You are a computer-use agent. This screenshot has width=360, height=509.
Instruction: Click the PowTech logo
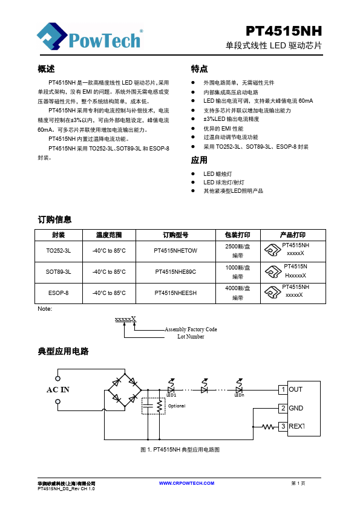click(x=90, y=36)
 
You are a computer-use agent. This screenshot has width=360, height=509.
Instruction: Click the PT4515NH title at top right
click(x=284, y=31)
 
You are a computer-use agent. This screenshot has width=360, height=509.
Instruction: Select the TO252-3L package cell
click(x=59, y=251)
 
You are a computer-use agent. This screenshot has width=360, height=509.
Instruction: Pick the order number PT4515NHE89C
click(x=175, y=271)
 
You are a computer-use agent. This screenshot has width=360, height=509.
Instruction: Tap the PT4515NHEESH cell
click(x=175, y=293)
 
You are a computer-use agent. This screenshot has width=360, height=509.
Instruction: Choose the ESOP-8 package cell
click(x=59, y=293)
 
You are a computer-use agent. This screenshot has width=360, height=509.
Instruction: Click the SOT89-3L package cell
click(x=59, y=271)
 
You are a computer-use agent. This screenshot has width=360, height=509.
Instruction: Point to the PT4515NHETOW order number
click(x=175, y=251)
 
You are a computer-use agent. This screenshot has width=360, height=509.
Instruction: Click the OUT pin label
click(x=296, y=389)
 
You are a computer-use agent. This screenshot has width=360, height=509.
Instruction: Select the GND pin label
click(x=296, y=408)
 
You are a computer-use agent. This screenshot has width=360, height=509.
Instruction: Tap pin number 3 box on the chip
click(x=283, y=426)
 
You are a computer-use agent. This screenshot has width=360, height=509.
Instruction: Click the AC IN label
click(x=58, y=389)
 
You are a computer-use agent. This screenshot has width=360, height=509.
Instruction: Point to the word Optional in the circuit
click(x=177, y=406)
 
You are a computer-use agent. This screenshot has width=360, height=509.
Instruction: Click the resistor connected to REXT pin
click(x=268, y=427)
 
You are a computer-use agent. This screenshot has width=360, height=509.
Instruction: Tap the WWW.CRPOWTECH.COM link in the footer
click(x=186, y=483)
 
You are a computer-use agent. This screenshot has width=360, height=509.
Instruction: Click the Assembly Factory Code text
click(x=191, y=329)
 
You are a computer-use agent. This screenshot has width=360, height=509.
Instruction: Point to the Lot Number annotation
click(x=191, y=337)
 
